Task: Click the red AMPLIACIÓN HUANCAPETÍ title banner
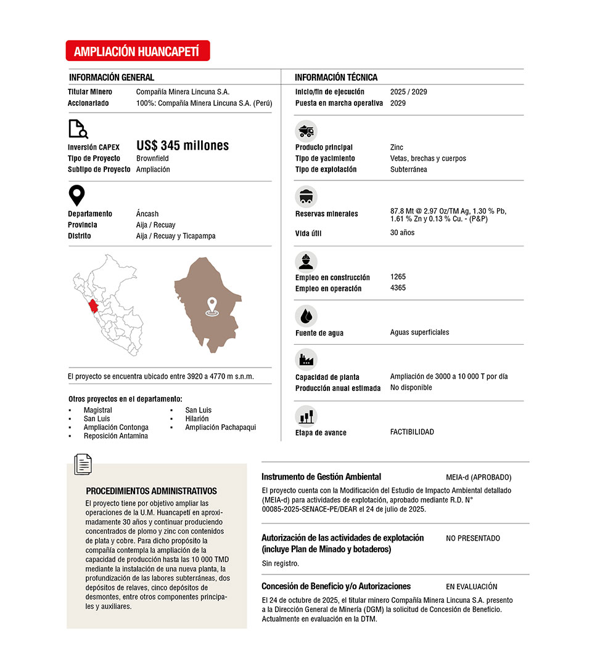(x=138, y=51)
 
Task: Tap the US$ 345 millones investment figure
(x=182, y=146)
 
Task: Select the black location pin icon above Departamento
(x=76, y=196)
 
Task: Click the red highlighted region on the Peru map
(x=93, y=306)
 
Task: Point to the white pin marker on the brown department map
(x=212, y=307)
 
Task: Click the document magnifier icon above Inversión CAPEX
(x=77, y=129)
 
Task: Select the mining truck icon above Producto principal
(x=306, y=131)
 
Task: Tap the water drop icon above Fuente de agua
(x=306, y=316)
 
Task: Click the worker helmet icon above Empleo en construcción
(x=306, y=261)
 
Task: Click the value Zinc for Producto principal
(x=397, y=148)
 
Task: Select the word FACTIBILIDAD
(x=412, y=432)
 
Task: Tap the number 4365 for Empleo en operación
(x=398, y=288)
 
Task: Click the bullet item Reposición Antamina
(x=115, y=436)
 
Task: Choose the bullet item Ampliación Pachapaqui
(x=220, y=427)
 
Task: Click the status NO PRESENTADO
(x=473, y=538)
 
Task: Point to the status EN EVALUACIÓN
(x=471, y=587)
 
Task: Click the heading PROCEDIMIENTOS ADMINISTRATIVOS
(x=151, y=491)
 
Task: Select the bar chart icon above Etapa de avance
(x=306, y=416)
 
